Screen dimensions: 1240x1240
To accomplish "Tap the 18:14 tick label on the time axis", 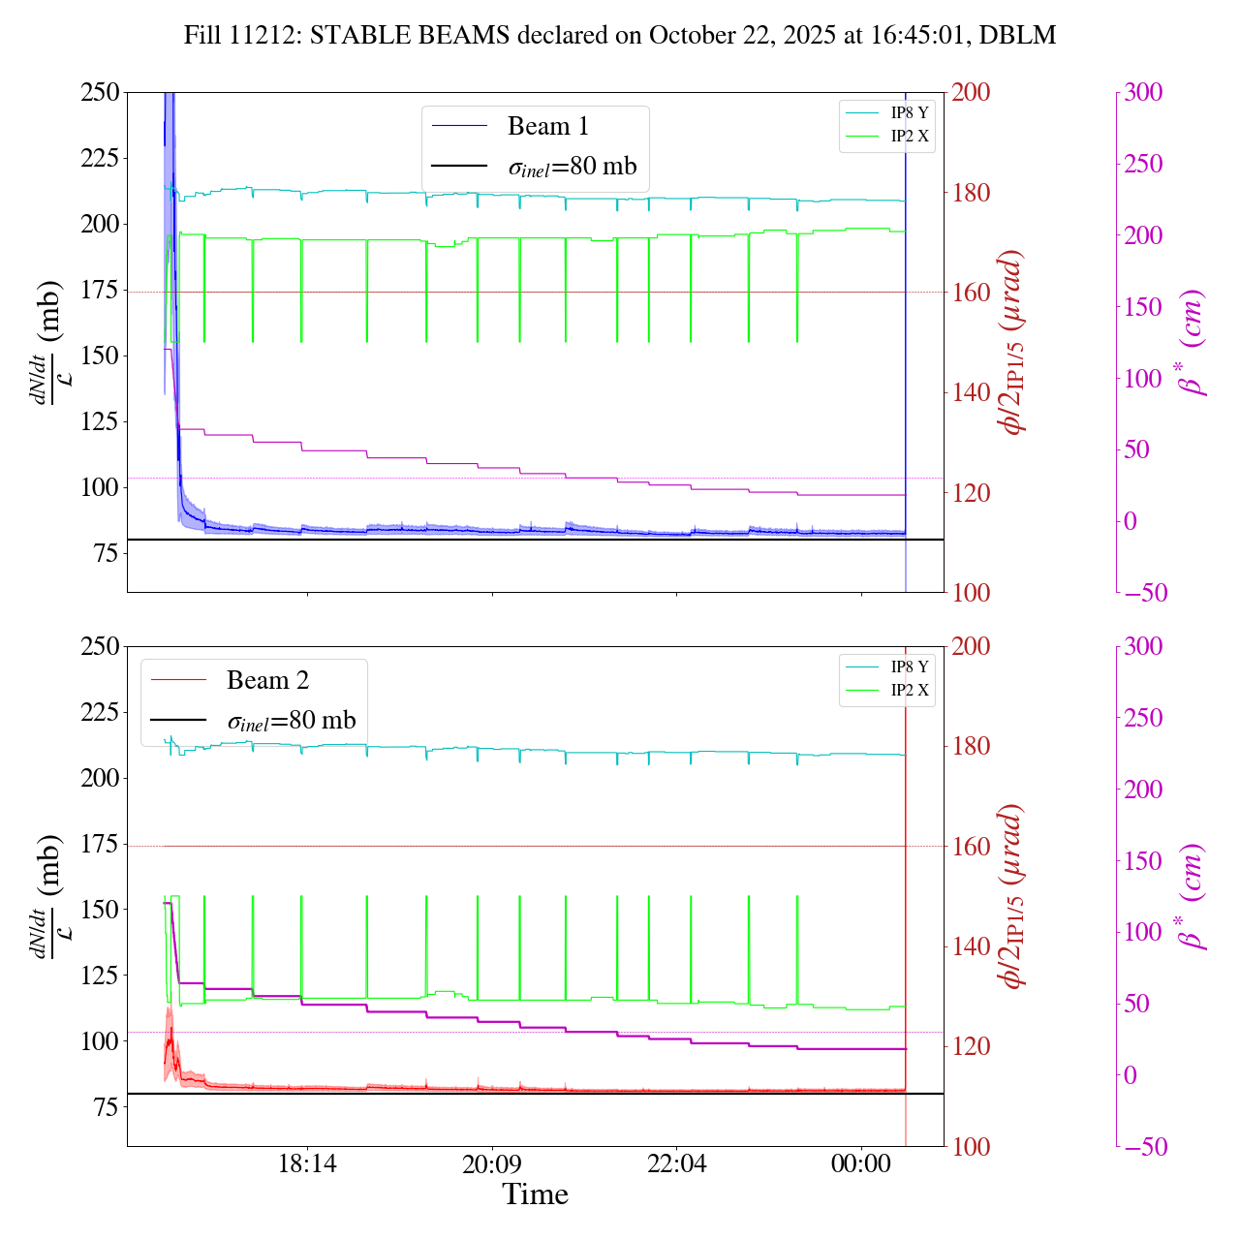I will (307, 1164).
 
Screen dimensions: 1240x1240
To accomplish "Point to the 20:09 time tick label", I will (492, 1164).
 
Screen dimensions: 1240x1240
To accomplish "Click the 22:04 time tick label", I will (676, 1164).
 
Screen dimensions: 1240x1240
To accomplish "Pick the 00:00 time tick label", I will (861, 1164).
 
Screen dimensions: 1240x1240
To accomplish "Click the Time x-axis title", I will (535, 1194).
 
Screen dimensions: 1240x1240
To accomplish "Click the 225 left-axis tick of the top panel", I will (100, 158).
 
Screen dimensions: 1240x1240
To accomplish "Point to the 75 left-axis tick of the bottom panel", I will (107, 1107).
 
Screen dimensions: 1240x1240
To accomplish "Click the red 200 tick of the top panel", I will (971, 93).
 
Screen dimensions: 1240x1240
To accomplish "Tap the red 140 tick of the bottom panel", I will (971, 946).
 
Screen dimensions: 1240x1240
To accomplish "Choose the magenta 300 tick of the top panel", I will (1143, 93).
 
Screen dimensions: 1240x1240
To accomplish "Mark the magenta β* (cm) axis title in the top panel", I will (1191, 342).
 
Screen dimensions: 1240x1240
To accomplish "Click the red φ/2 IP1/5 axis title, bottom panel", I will (1013, 896).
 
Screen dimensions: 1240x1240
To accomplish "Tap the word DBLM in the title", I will (1017, 36).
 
